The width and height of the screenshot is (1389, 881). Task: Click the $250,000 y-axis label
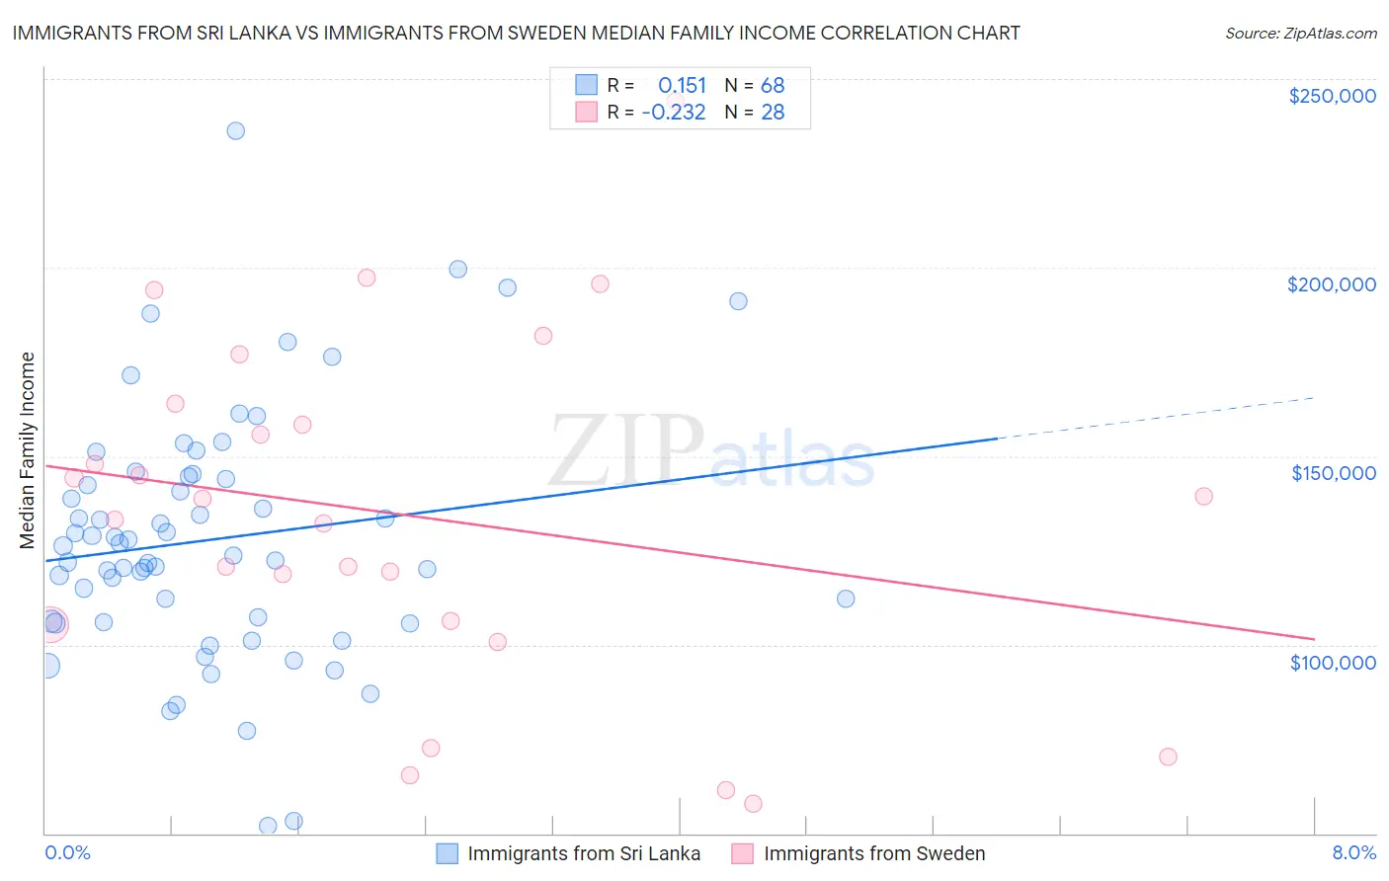pos(1332,96)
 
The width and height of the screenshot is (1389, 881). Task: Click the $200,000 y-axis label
pos(1331,284)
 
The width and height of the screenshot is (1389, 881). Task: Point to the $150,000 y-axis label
pos(1333,473)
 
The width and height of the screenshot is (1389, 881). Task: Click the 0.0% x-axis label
pos(67,852)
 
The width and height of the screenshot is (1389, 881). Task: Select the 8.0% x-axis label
pos(1353,852)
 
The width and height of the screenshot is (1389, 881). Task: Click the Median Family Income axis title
pos(28,450)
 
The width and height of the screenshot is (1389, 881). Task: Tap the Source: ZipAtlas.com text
pos(1300,33)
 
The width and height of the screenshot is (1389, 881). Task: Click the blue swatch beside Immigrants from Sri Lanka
pos(448,853)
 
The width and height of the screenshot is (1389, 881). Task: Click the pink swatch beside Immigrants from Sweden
pos(743,853)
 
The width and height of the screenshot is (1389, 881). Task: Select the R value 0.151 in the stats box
pos(682,85)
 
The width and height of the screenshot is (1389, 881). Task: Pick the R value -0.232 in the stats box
pos(674,112)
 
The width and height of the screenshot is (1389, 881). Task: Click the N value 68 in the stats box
pos(773,85)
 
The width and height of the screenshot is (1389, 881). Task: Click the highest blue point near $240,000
pos(235,130)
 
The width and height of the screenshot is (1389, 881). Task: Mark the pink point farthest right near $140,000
pos(1203,496)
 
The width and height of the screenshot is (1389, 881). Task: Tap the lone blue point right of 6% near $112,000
pos(846,599)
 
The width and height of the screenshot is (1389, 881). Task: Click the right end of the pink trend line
pos(1314,638)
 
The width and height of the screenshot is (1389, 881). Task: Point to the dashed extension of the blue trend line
pos(1156,417)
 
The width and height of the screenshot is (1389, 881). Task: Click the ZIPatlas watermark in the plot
pos(711,450)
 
